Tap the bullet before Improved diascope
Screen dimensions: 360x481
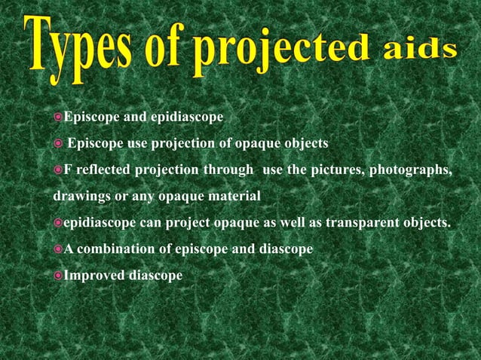point(58,276)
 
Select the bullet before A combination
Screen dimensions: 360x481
point(58,249)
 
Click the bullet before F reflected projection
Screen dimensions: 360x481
point(58,170)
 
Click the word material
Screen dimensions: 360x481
point(233,197)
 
